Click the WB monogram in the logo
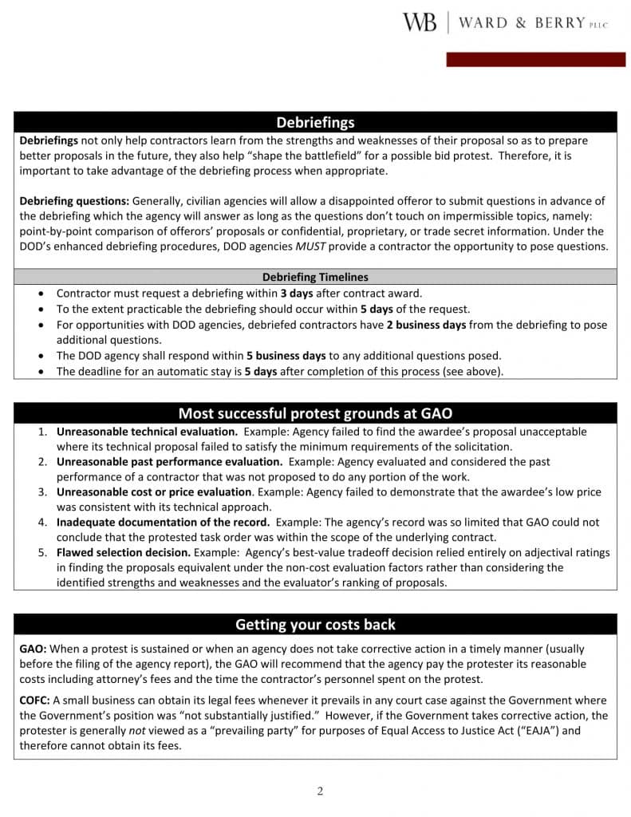pyautogui.click(x=420, y=22)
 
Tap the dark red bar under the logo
pyautogui.click(x=530, y=60)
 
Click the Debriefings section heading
pyautogui.click(x=315, y=122)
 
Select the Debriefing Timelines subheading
pyautogui.click(x=315, y=278)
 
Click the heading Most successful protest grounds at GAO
pyautogui.click(x=315, y=413)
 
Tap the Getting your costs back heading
pyautogui.click(x=315, y=624)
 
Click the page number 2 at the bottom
pyautogui.click(x=320, y=791)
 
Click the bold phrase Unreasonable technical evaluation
pyautogui.click(x=147, y=432)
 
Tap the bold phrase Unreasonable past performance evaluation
pyautogui.click(x=169, y=462)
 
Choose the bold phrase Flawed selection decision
pyautogui.click(x=123, y=553)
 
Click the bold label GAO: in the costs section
pyautogui.click(x=34, y=649)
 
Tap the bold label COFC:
pyautogui.click(x=35, y=701)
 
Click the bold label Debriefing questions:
pyautogui.click(x=74, y=201)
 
